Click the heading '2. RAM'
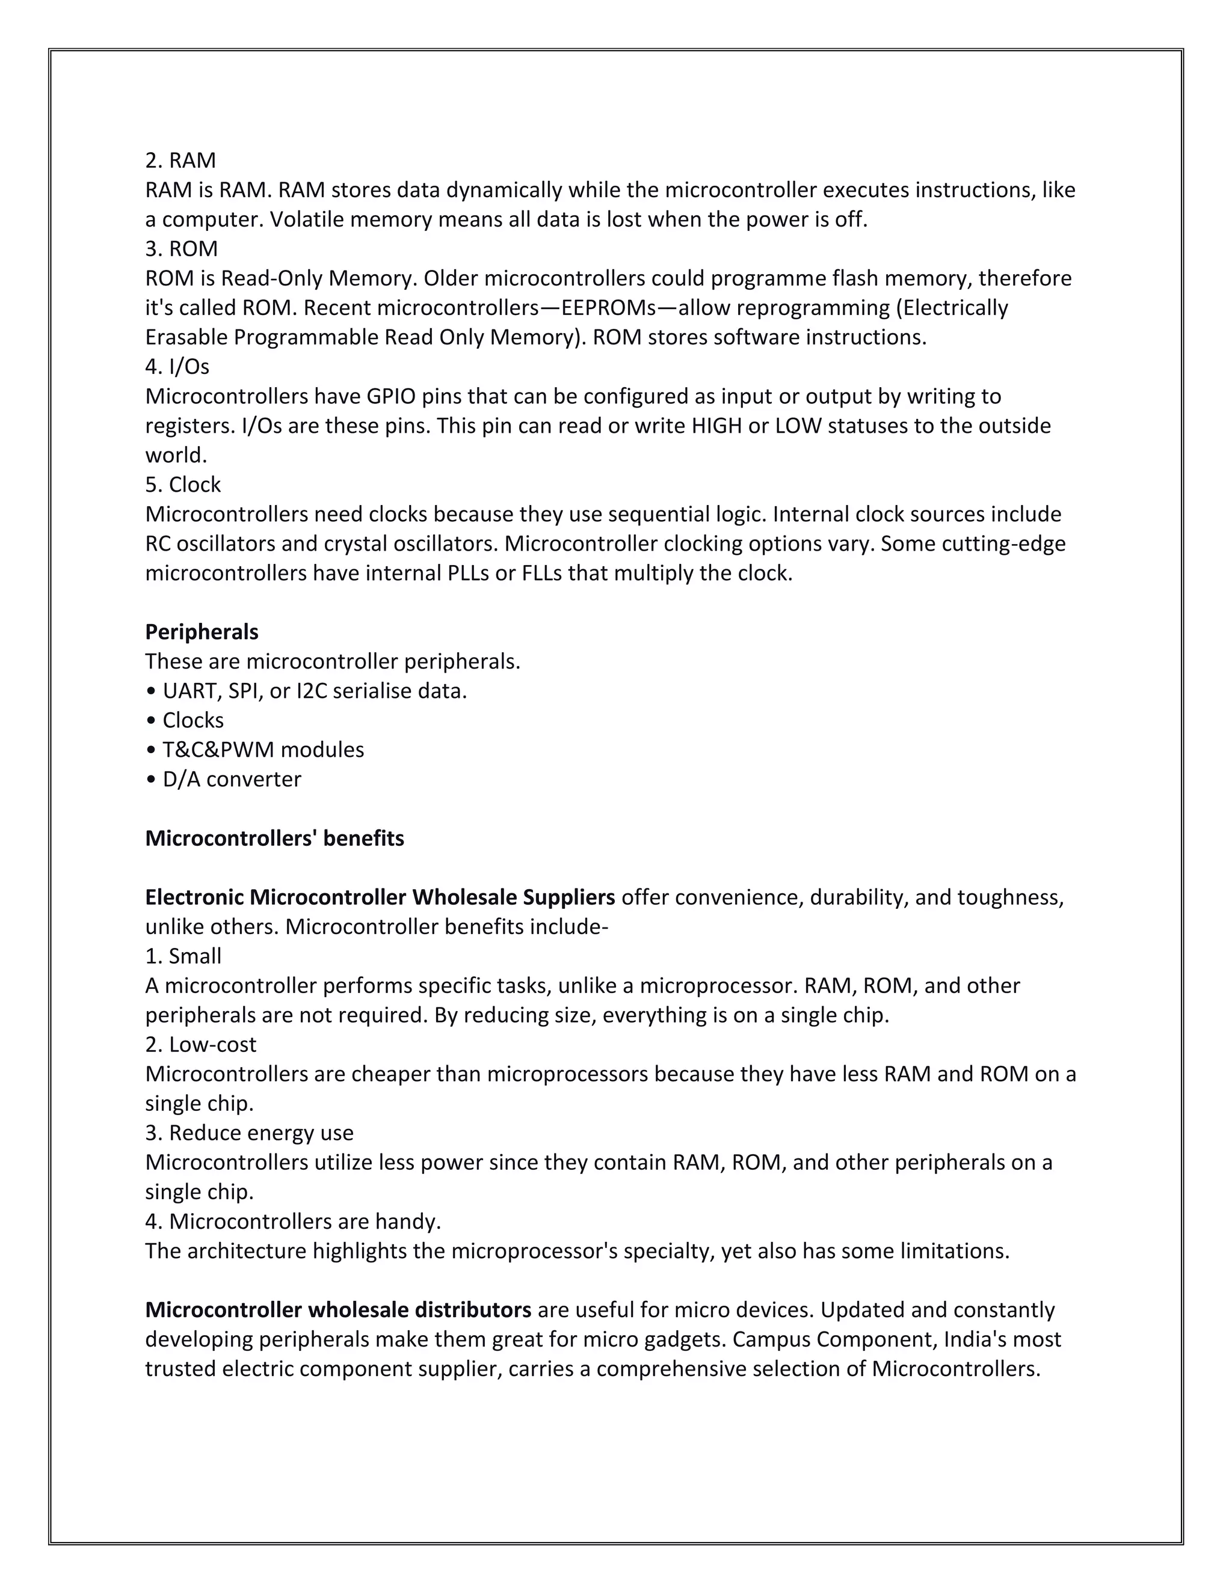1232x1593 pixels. pos(180,161)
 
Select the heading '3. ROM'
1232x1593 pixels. pos(181,249)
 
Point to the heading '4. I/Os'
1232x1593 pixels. pos(177,366)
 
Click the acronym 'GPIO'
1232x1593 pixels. pos(390,396)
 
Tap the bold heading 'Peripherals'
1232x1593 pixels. pos(202,632)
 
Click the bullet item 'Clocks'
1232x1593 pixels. pos(192,720)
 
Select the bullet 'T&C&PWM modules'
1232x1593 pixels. pos(262,750)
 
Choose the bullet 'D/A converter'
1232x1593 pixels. pos(230,779)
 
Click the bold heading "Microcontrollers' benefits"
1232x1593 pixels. pos(274,838)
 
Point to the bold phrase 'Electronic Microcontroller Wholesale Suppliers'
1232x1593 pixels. pos(380,897)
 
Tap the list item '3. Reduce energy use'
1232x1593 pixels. pos(249,1133)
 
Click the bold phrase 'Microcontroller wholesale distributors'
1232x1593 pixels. pos(338,1309)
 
